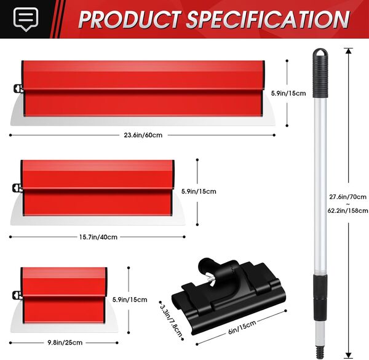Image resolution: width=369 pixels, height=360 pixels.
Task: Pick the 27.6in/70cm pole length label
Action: [348, 197]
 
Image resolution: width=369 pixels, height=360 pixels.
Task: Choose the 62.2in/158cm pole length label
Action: [348, 210]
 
